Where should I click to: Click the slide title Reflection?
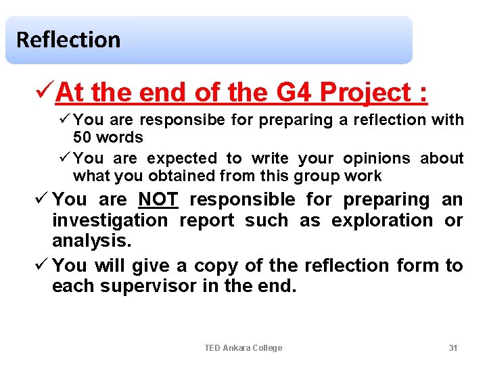coord(68,40)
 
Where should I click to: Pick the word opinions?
coord(377,158)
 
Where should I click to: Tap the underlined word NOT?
coord(157,199)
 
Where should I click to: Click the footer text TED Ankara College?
coord(243,347)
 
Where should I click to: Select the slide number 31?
coord(453,347)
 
